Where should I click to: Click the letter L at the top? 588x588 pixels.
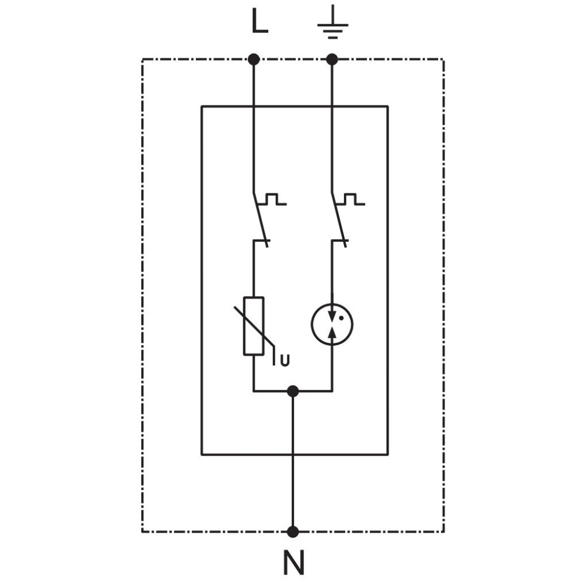259,21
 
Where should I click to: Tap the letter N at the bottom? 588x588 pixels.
293,562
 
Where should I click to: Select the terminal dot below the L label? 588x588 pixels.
254,59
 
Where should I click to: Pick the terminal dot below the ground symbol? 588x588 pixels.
332,59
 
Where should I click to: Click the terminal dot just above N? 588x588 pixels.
293,532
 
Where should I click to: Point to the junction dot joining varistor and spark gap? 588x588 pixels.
293,392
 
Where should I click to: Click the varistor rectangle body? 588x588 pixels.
254,326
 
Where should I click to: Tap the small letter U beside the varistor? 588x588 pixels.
285,360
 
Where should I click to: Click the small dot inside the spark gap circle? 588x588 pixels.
341,318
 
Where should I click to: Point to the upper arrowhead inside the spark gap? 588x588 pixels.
332,316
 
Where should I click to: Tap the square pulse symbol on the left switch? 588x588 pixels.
273,199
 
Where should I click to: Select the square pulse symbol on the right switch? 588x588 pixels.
351,199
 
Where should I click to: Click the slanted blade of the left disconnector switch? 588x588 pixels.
260,220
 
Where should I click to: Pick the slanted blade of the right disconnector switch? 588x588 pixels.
339,220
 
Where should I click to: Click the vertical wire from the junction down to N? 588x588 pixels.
293,462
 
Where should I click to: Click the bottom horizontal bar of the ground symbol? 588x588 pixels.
333,38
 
